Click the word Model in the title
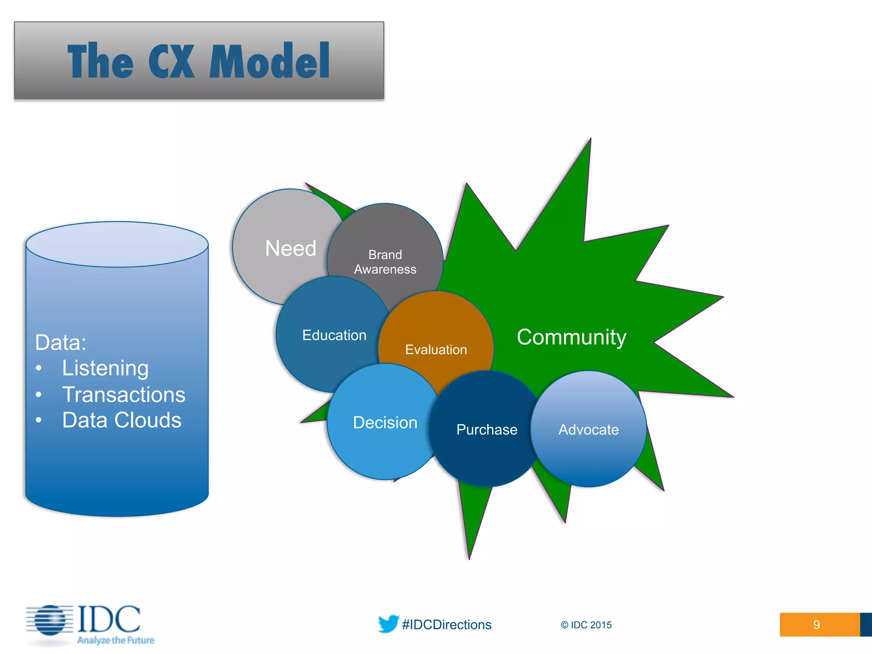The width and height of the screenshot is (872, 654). click(x=270, y=62)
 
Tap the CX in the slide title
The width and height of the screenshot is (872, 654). click(x=171, y=62)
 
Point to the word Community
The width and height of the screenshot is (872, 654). click(x=571, y=337)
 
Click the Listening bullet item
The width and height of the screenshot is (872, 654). click(x=105, y=368)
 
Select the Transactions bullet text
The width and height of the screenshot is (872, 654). click(x=123, y=395)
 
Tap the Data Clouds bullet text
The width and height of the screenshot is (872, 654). click(x=122, y=420)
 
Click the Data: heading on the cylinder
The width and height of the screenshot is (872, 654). click(x=61, y=342)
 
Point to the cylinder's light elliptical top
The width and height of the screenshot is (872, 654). click(x=117, y=244)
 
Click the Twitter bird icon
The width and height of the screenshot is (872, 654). click(x=388, y=624)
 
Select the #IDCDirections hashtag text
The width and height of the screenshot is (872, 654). click(x=447, y=625)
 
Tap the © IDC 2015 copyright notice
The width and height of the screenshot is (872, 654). click(x=586, y=625)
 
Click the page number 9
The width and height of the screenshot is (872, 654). click(x=816, y=625)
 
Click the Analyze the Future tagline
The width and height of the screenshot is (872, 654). click(x=115, y=640)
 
